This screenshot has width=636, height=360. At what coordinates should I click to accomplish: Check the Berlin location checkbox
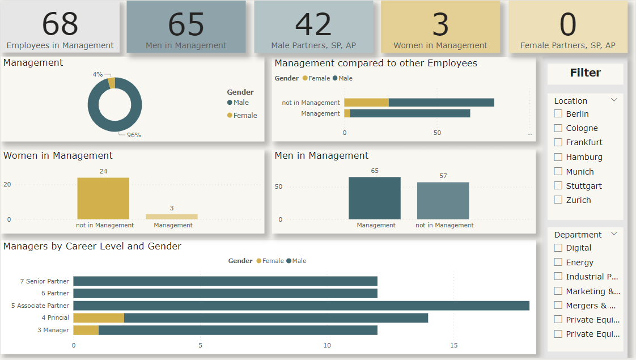[x=558, y=114]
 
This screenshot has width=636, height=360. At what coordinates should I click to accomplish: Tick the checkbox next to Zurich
[x=558, y=200]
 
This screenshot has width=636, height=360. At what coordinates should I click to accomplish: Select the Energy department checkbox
[x=558, y=262]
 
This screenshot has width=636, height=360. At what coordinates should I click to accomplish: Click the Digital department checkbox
[x=558, y=248]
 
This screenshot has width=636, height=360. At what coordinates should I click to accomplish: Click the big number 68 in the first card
[x=60, y=24]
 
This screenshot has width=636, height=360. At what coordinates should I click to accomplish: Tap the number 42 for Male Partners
[x=313, y=24]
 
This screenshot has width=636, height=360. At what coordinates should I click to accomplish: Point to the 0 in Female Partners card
[x=567, y=24]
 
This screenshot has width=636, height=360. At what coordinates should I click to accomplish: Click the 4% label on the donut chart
[x=97, y=74]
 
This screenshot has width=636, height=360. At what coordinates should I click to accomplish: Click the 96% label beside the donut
[x=134, y=135]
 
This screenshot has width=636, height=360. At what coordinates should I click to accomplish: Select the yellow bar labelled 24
[x=103, y=198]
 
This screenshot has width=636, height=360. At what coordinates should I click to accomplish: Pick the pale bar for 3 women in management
[x=172, y=217]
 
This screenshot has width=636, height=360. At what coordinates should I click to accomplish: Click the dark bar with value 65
[x=374, y=198]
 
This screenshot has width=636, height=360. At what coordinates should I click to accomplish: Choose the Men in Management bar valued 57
[x=443, y=201]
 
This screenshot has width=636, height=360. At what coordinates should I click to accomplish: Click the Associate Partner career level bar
[x=301, y=306]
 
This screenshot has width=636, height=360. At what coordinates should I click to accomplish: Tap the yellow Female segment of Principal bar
[x=99, y=318]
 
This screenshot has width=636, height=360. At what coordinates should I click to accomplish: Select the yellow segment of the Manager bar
[x=86, y=330]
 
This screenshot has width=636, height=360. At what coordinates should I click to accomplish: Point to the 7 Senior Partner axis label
[x=44, y=281]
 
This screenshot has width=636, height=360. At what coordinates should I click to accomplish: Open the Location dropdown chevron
[x=614, y=100]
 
